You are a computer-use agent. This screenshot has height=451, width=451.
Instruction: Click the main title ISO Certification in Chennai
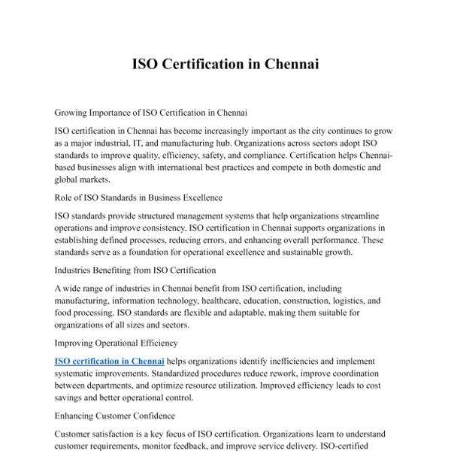point(225,64)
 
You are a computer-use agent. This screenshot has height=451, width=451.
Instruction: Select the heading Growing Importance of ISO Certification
point(151,113)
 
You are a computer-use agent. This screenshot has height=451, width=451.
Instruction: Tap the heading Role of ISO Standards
point(138,198)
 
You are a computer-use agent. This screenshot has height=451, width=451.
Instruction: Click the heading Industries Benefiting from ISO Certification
point(135,270)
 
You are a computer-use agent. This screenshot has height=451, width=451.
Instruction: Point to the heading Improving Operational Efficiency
point(117,343)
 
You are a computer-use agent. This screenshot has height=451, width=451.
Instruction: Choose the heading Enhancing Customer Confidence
point(115,416)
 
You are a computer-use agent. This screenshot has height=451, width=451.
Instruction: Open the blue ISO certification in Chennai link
point(110,361)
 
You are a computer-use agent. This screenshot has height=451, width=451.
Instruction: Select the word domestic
point(365,168)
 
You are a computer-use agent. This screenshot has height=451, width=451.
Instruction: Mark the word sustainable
point(296,252)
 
